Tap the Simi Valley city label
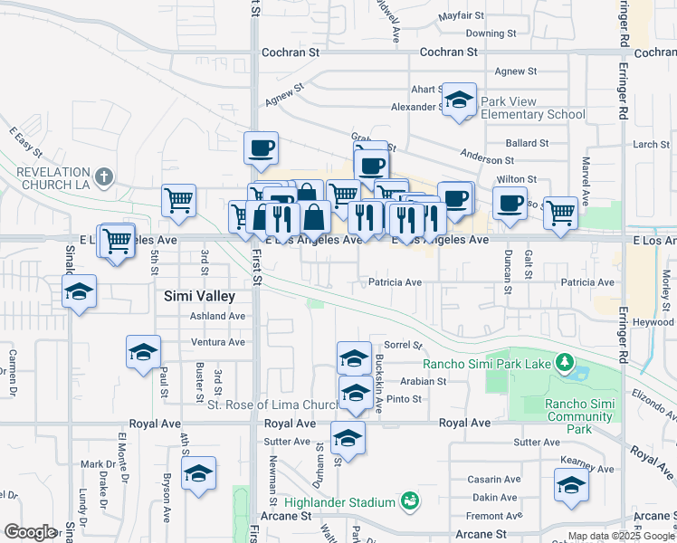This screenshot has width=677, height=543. pyautogui.click(x=199, y=296)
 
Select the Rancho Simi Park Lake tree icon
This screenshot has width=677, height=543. pyautogui.click(x=567, y=364)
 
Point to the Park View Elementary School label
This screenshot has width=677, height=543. pyautogui.click(x=533, y=108)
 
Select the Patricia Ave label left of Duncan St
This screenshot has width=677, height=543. pyautogui.click(x=395, y=282)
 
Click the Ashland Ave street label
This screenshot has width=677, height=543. pyautogui.click(x=217, y=317)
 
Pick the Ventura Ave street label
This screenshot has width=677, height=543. pyautogui.click(x=218, y=342)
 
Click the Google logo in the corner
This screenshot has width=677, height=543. pyautogui.click(x=30, y=532)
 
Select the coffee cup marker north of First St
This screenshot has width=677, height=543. pyautogui.click(x=261, y=148)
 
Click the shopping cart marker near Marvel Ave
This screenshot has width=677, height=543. pyautogui.click(x=561, y=213)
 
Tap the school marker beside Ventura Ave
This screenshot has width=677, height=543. pyautogui.click(x=143, y=351)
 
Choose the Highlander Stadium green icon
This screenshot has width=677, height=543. pyautogui.click(x=410, y=500)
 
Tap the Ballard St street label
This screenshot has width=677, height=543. pyautogui.click(x=527, y=143)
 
